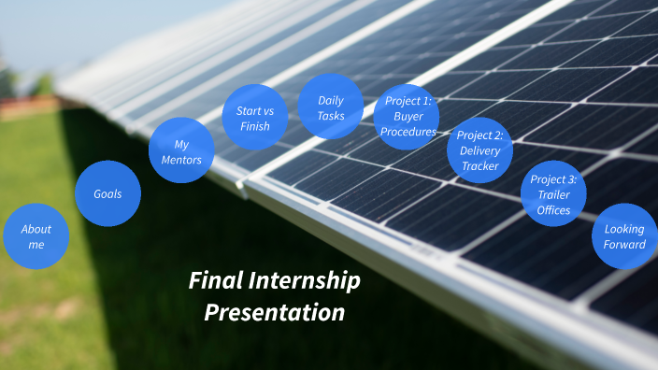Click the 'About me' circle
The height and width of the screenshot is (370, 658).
point(36,236)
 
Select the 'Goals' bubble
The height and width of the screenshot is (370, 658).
point(107,194)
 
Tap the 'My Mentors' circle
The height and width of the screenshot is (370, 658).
point(181,150)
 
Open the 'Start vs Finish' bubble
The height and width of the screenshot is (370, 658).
point(247,119)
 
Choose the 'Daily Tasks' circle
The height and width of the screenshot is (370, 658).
point(331,107)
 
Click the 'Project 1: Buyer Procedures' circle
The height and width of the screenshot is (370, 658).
point(408,117)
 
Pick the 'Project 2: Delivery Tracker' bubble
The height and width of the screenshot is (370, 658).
point(479,150)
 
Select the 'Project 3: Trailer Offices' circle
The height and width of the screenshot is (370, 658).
point(553,194)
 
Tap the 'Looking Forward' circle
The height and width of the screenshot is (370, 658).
point(624,236)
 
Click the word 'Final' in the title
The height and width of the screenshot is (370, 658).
point(213,281)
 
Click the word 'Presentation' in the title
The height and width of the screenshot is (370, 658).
point(275,312)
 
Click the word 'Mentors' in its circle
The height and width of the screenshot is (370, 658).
point(181,159)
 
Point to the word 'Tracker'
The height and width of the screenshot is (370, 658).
point(479,166)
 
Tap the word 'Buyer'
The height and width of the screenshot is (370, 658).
point(408,117)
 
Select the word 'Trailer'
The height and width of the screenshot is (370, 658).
point(553,194)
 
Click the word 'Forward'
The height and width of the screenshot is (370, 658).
point(624,245)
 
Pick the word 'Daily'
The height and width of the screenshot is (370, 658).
point(331,100)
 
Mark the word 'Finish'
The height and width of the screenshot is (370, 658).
point(247,127)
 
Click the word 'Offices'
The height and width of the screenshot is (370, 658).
point(553,210)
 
